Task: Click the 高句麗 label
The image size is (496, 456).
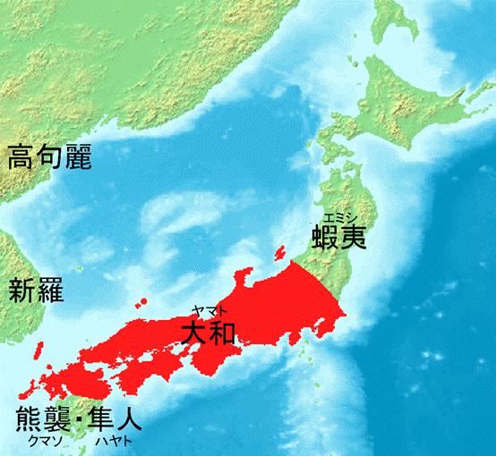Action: click(51, 159)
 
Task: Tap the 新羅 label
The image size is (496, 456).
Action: click(36, 291)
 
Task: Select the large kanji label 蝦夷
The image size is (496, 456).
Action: click(339, 239)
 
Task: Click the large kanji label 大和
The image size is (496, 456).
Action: click(208, 333)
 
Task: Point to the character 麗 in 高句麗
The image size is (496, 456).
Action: click(82, 159)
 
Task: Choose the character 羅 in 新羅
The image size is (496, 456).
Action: click(50, 291)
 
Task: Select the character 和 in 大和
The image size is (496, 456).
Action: click(223, 333)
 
